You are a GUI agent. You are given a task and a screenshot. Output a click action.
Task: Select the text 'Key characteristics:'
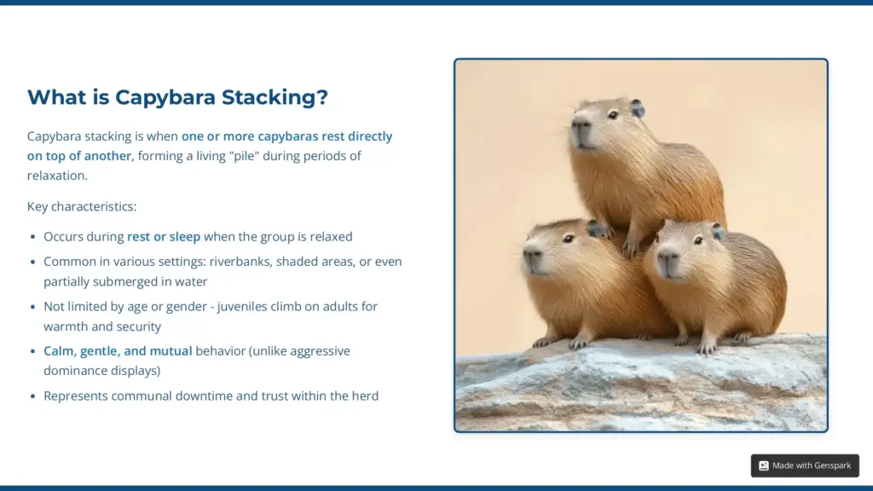(82, 206)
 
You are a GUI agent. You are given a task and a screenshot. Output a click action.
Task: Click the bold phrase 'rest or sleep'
(164, 237)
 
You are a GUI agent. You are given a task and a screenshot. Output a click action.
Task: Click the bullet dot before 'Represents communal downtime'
(33, 396)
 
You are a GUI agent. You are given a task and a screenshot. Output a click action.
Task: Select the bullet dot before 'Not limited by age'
(33, 307)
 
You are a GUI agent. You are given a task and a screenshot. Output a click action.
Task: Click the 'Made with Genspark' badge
(805, 465)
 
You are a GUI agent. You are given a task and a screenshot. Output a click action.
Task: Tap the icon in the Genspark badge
(764, 465)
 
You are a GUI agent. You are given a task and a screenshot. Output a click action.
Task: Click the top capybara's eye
(611, 114)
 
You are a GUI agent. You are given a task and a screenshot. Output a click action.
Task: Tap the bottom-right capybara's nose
(665, 255)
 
